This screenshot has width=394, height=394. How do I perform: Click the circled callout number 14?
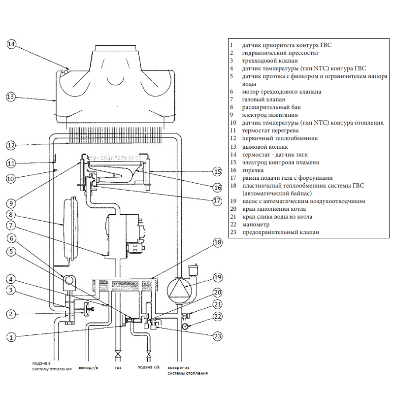click(x=11, y=44)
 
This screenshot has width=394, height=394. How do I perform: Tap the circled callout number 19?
click(x=218, y=277)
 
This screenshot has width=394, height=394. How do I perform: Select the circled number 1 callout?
click(x=11, y=337)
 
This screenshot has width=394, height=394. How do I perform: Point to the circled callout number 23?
click(x=218, y=336)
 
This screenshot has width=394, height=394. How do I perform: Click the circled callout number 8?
click(x=11, y=215)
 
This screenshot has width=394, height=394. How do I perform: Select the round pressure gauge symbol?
click(x=185, y=326)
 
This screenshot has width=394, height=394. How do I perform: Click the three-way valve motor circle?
click(x=69, y=280)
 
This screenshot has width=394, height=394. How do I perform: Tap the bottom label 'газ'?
click(x=118, y=367)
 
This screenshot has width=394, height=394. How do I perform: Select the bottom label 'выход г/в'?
click(x=89, y=367)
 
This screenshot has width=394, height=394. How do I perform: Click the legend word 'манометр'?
click(x=256, y=225)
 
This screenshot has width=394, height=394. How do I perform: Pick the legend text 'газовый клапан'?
click(x=263, y=99)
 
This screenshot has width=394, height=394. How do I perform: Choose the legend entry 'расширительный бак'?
click(x=271, y=107)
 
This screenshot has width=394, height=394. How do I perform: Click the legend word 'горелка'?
click(x=253, y=170)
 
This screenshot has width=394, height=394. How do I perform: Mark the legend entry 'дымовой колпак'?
click(x=265, y=147)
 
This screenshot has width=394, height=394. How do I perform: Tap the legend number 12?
click(x=233, y=138)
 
